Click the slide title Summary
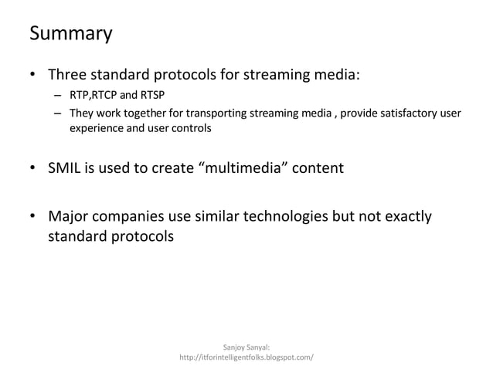click(x=70, y=35)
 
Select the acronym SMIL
click(x=66, y=168)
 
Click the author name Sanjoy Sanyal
click(x=246, y=348)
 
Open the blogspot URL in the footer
click(x=246, y=359)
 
